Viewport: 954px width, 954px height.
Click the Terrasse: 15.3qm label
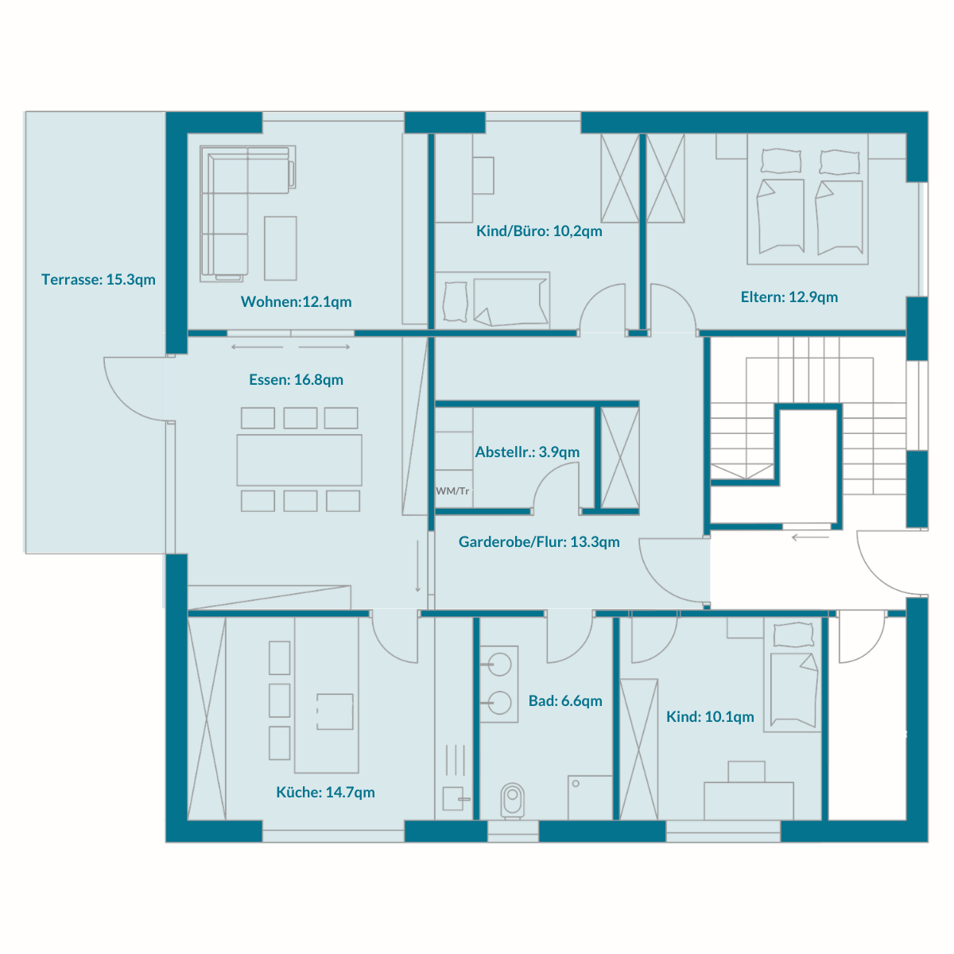click(x=98, y=280)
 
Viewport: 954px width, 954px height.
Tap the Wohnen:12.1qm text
click(x=296, y=301)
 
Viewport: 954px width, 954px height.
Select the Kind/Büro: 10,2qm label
click(x=539, y=231)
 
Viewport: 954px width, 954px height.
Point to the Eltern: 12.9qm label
click(x=789, y=297)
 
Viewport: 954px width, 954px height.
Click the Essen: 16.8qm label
click(x=296, y=380)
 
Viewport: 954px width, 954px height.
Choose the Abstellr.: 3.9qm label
click(x=527, y=452)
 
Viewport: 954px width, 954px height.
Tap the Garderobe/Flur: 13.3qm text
click(x=539, y=542)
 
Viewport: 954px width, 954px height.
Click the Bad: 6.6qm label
click(x=565, y=701)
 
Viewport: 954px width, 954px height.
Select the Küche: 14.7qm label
click(x=325, y=792)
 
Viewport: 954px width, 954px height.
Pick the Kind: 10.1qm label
click(x=710, y=716)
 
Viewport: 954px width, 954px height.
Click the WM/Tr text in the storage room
click(x=452, y=491)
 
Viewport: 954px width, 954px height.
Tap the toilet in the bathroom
click(x=513, y=801)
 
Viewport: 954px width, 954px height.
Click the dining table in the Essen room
click(x=299, y=460)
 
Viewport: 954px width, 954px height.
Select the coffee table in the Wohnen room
click(x=280, y=248)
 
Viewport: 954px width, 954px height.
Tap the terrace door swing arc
click(x=130, y=401)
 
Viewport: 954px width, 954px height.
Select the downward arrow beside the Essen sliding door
click(x=417, y=566)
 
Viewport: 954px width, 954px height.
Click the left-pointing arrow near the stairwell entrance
click(x=810, y=537)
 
